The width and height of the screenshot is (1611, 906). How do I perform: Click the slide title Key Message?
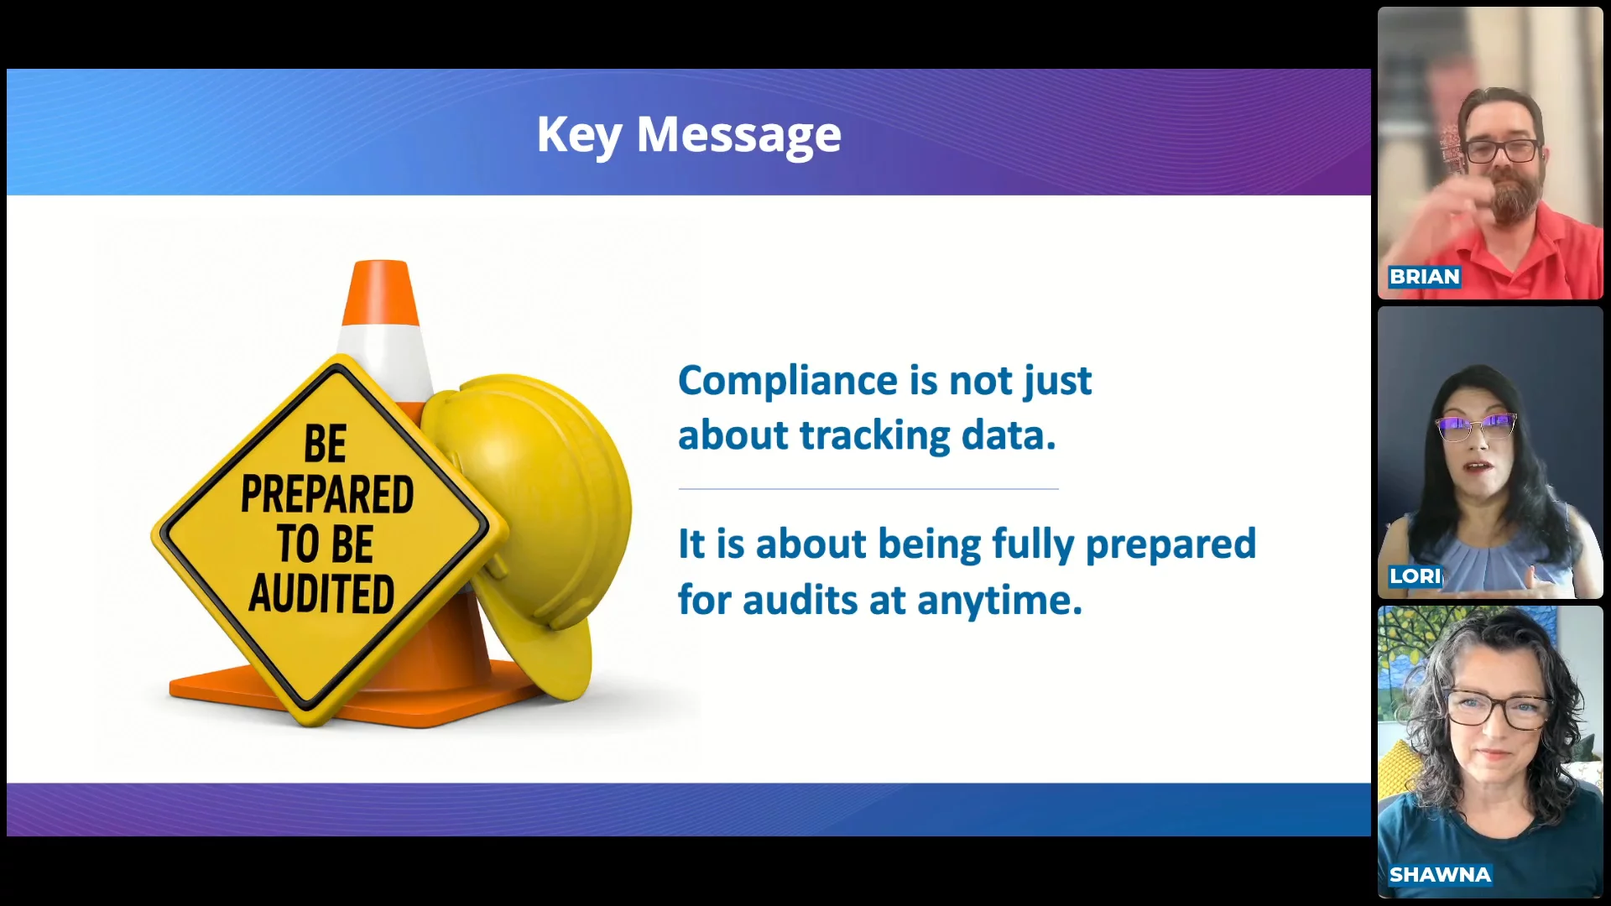pos(689,135)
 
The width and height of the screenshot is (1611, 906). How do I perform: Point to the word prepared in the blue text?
pos(1170,546)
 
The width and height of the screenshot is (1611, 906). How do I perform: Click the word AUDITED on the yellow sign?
pos(321,594)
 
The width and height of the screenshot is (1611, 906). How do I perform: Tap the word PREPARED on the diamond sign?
pos(327,494)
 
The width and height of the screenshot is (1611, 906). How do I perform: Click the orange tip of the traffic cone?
pos(381,293)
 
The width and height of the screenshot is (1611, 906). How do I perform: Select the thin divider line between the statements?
pos(868,488)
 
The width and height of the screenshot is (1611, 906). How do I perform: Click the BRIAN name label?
pos(1425,277)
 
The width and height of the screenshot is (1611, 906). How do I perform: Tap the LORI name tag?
pos(1415,576)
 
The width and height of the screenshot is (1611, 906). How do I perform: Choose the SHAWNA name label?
pos(1440,875)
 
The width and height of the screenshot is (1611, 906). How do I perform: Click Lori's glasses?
pos(1477,427)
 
